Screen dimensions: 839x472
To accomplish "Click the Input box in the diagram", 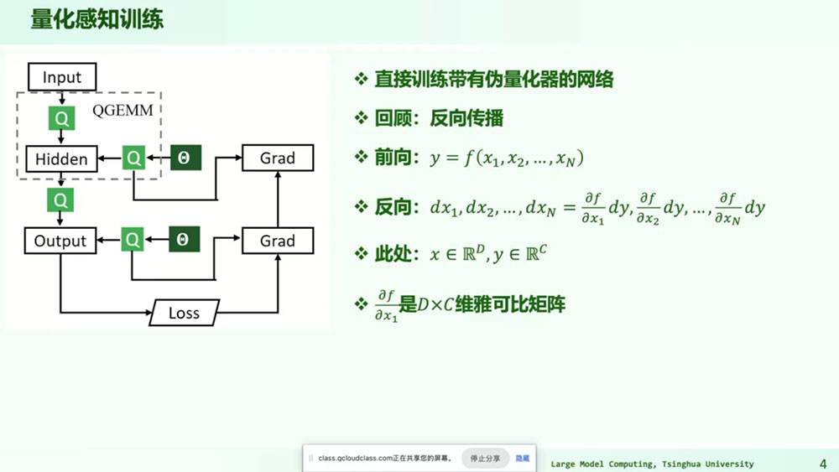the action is tap(62, 77).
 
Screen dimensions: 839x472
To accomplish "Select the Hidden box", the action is tap(61, 158).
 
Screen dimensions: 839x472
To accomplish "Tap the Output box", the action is tap(60, 241).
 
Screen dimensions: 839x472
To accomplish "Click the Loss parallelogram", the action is tap(184, 313).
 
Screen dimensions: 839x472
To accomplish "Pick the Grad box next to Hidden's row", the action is tap(278, 158).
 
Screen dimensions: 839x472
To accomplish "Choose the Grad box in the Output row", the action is tap(278, 241).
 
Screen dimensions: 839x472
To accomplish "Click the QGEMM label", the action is tap(122, 110).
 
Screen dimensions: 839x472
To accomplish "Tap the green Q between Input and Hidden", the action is tap(61, 118).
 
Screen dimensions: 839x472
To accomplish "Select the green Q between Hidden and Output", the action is tap(60, 200).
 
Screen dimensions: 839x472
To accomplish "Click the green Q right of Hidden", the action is tap(133, 158).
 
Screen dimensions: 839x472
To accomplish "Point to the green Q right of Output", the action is tap(133, 240).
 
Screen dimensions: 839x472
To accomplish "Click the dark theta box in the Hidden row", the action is tap(185, 158).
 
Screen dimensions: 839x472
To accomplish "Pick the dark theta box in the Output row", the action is tap(184, 239).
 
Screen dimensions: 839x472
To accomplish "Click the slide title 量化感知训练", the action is tap(96, 19).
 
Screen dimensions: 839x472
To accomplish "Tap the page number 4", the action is tap(823, 464).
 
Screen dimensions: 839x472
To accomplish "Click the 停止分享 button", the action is tap(485, 458).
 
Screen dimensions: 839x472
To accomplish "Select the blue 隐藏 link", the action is tap(522, 458).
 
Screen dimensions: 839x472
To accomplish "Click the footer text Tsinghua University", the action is tap(708, 464).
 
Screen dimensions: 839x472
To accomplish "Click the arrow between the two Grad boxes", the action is tap(278, 199).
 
